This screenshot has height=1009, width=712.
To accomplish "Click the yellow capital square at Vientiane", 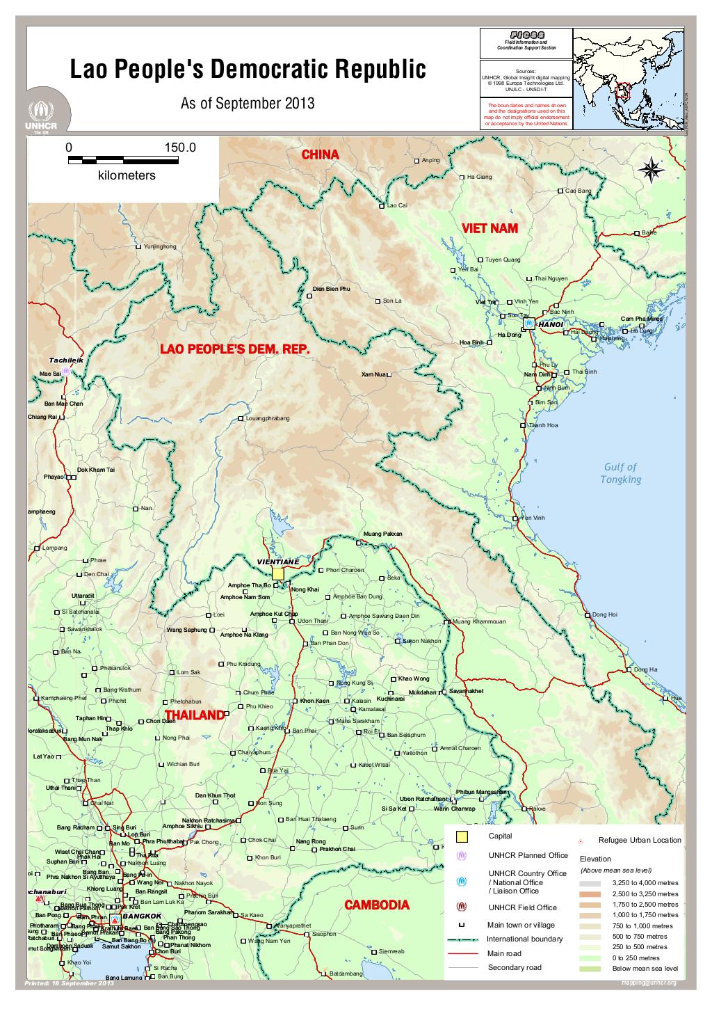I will (x=278, y=574).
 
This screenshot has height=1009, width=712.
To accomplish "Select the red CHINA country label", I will (x=320, y=154).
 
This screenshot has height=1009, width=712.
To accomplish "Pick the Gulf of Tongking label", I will (x=620, y=473).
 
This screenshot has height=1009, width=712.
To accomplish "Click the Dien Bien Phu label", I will (x=331, y=288).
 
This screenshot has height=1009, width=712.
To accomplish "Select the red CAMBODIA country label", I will (x=377, y=905).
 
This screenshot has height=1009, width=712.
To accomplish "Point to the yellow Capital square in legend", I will (x=462, y=836).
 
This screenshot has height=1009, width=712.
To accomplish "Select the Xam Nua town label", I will (x=373, y=375).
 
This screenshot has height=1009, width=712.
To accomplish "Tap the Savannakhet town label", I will (x=466, y=691).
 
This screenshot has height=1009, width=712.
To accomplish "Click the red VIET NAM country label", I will (x=489, y=228).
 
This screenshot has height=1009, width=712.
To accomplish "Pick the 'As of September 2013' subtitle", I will (x=248, y=104).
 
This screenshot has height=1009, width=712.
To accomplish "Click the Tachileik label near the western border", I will (x=66, y=360).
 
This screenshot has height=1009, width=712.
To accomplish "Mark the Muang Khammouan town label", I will (x=479, y=621).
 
